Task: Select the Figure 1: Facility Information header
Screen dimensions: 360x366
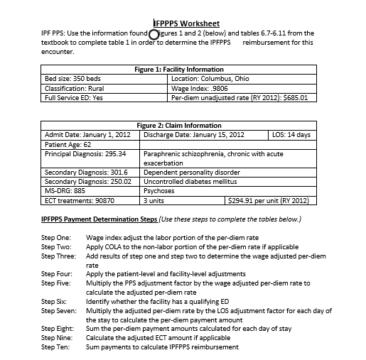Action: [179, 69]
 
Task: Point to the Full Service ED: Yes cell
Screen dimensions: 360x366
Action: [74, 98]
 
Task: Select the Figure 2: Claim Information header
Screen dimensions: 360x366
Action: [179, 125]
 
